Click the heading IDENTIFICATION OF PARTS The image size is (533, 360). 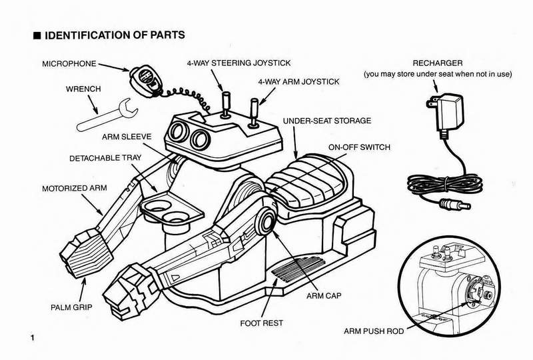click(x=113, y=34)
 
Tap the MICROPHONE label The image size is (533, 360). click(x=69, y=64)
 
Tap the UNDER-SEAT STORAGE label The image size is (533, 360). click(x=327, y=122)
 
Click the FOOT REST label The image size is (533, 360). click(x=261, y=323)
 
